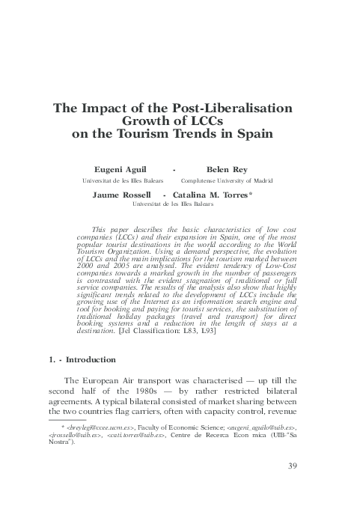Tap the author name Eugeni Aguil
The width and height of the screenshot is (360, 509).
(x=119, y=170)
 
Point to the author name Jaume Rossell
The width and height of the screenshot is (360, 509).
(x=120, y=195)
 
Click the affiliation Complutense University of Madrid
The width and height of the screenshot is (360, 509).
(x=227, y=182)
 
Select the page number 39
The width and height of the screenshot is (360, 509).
(x=293, y=468)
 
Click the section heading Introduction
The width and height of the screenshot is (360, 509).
(x=91, y=359)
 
